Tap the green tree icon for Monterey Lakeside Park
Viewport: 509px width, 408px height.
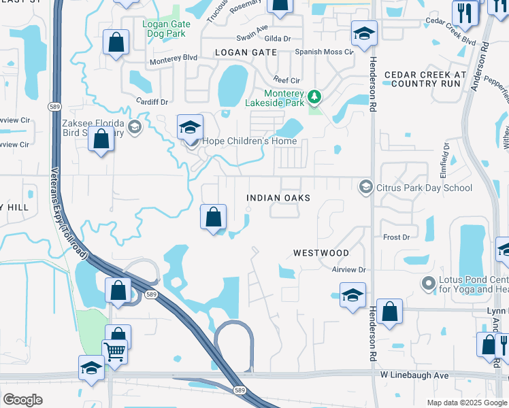[x=314, y=97]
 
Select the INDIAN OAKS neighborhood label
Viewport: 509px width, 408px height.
[x=278, y=198]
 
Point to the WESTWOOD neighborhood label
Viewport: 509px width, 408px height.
[x=321, y=253]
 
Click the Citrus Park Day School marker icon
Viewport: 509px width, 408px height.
[x=366, y=187]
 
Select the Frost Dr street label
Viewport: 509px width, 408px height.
[x=397, y=237]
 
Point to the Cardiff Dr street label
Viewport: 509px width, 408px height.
[x=151, y=102]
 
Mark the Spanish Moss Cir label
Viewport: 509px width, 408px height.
[x=324, y=52]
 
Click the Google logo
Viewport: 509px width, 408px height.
[x=22, y=399]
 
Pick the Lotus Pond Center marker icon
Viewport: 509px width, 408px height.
[x=428, y=283]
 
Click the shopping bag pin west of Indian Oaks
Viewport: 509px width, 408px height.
[x=214, y=218]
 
